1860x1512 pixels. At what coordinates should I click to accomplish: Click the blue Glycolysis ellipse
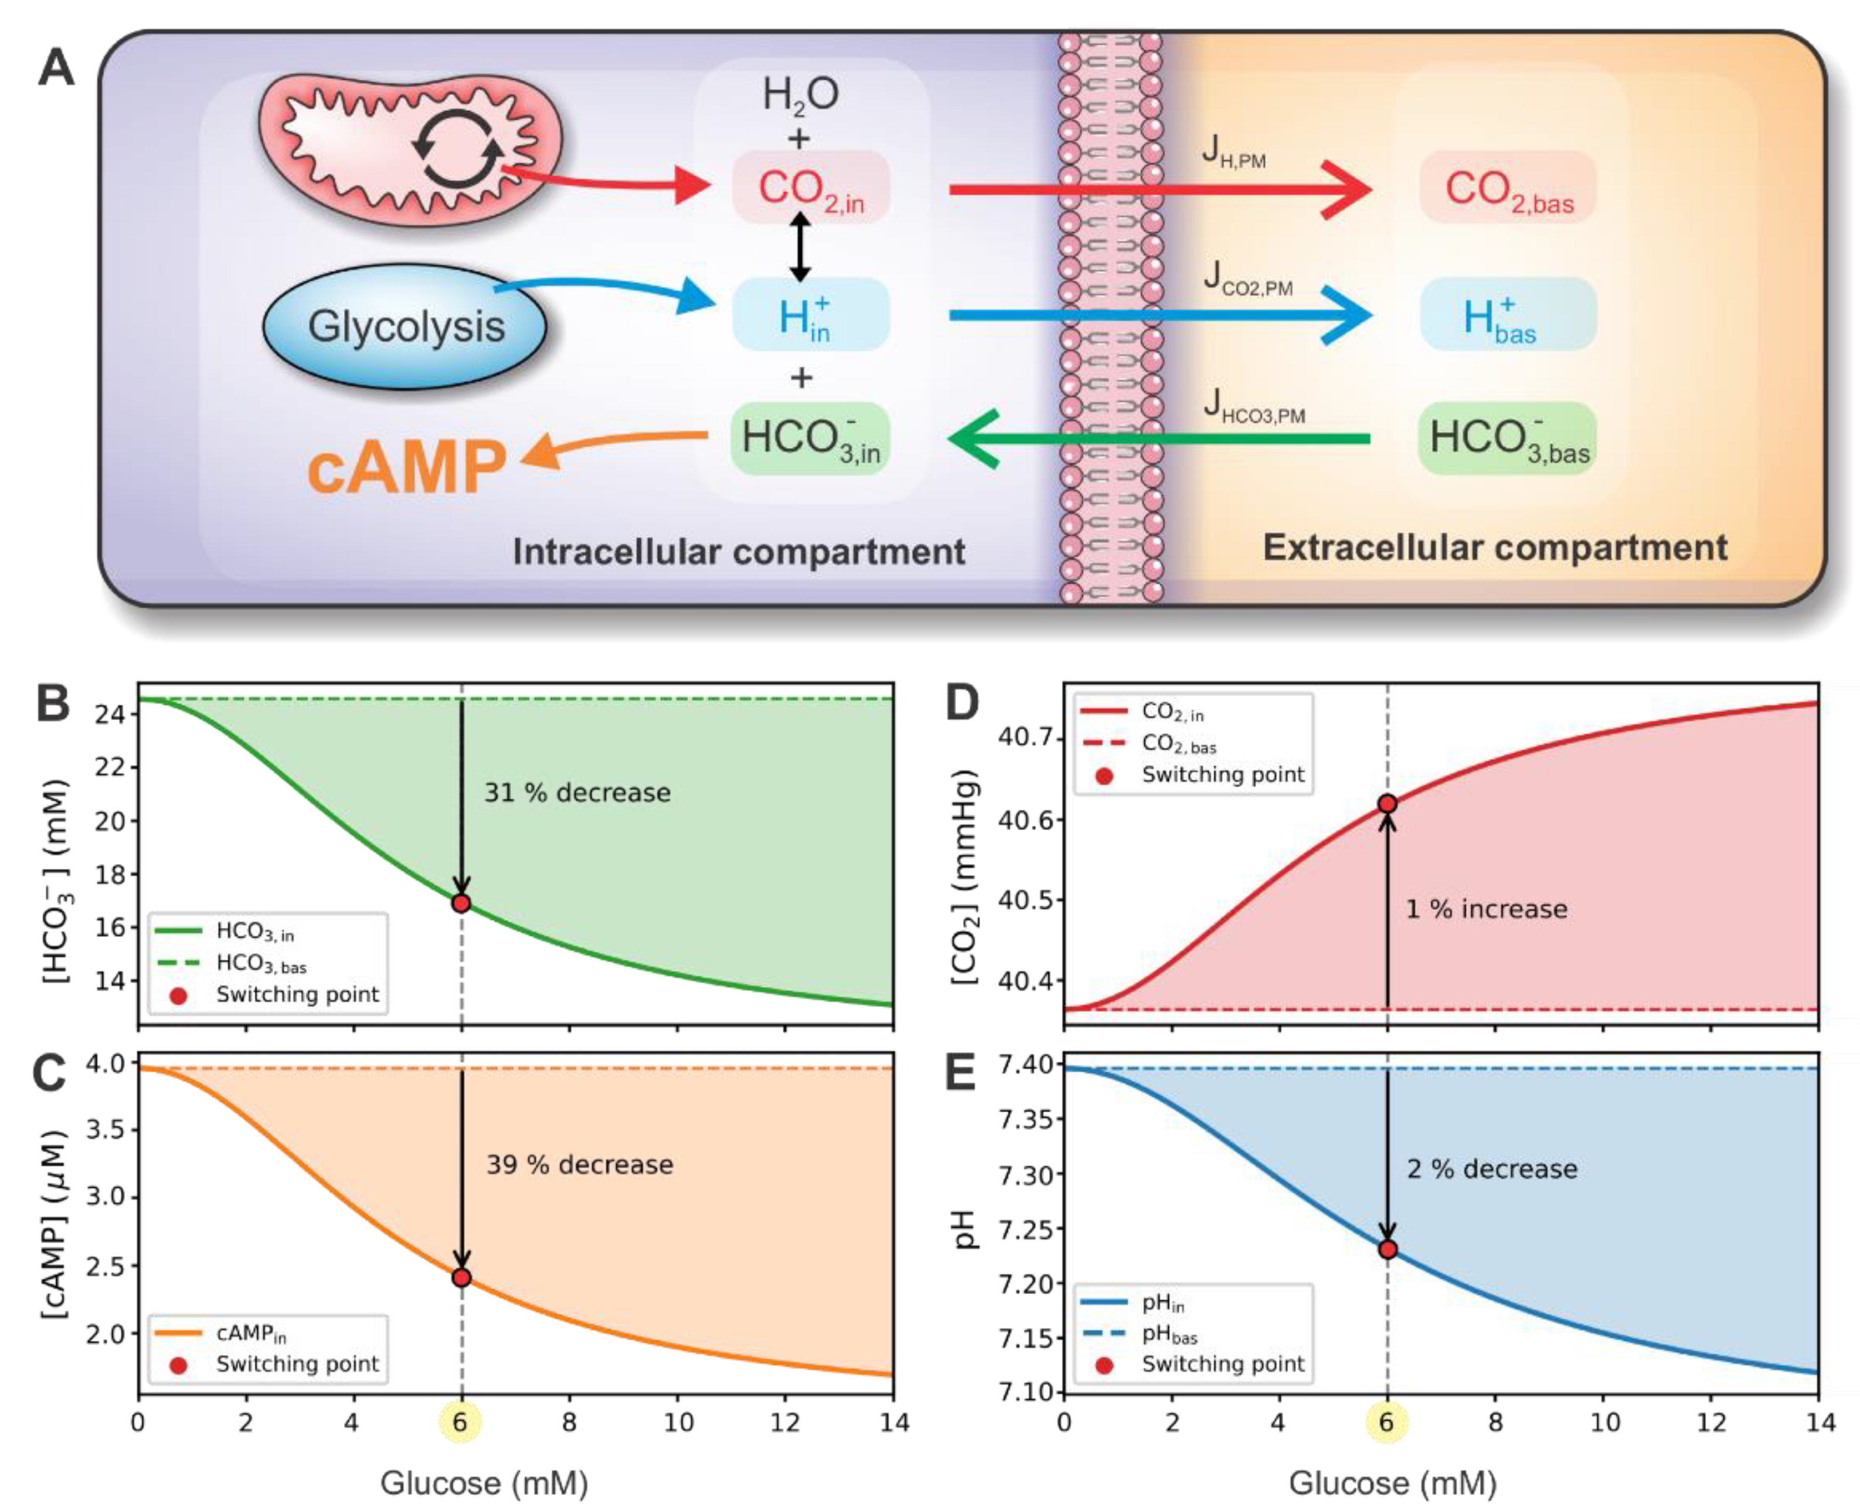405,327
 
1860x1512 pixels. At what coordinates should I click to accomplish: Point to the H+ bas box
1507,315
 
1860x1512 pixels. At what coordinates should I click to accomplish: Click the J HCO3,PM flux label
1254,407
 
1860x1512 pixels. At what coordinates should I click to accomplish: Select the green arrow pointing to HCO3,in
1158,438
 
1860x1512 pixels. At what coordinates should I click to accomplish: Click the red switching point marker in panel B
461,903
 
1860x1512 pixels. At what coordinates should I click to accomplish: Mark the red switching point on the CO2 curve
1387,804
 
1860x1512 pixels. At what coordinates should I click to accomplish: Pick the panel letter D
961,704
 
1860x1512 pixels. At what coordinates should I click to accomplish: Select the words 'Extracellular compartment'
1494,548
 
